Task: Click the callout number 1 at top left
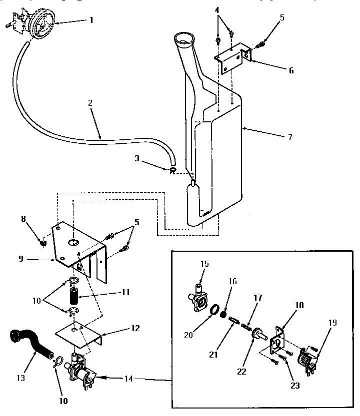[91, 21]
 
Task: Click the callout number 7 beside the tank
[290, 137]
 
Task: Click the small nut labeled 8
[43, 243]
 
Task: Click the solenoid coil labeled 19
[306, 361]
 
